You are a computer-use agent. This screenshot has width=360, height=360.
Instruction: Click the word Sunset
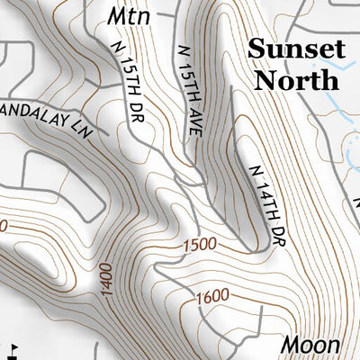[295, 49]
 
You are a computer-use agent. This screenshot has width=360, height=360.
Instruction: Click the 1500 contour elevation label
[199, 244]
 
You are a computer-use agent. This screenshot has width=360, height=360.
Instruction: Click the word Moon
[310, 345]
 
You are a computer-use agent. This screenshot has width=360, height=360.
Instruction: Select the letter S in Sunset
[256, 49]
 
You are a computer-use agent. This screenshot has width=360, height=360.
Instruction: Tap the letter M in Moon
[289, 345]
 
